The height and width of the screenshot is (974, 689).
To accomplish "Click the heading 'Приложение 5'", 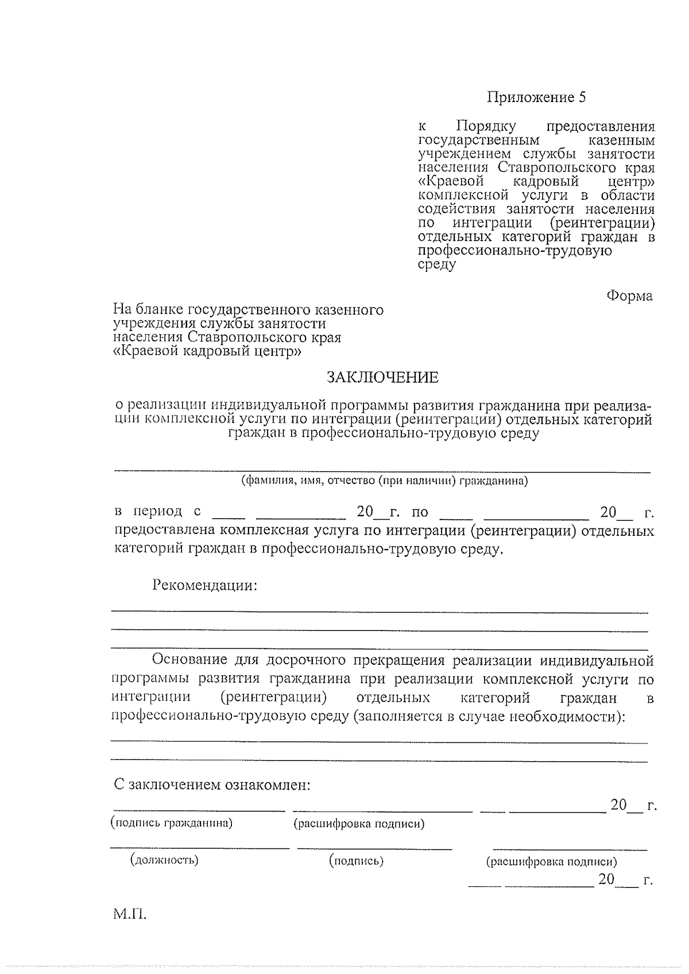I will pos(537,97).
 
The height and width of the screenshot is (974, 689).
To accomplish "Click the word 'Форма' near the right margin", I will pos(629,297).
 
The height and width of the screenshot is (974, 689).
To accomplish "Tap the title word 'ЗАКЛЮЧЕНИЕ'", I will pos(382,377).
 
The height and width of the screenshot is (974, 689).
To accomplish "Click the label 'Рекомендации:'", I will pos(204,586).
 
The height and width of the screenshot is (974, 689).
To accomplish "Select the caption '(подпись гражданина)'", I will pos(171,824).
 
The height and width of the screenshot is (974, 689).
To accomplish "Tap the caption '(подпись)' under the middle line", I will pos(356,860).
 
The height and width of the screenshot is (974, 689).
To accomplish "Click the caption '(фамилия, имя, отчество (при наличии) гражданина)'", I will pos(384,481).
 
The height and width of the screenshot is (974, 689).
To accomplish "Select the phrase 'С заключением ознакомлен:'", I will pos(211,784).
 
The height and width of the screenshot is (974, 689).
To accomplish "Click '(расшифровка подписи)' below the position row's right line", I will pos(551,862).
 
